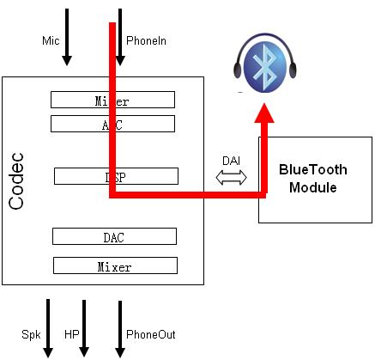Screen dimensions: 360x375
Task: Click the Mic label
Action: [50, 40]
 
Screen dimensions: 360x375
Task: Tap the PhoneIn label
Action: [146, 40]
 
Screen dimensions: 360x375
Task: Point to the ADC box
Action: [112, 124]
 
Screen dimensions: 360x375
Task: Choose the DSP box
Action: [116, 176]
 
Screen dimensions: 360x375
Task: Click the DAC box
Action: [114, 235]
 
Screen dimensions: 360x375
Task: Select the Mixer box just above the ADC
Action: [112, 101]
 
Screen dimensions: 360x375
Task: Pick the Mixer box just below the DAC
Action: [114, 265]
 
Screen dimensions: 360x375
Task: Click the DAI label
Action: [231, 160]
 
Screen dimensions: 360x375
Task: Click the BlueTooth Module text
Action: [315, 179]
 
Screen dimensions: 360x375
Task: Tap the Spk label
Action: [30, 334]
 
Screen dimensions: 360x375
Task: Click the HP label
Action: [71, 334]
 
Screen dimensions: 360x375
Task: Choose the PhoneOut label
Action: [150, 334]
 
